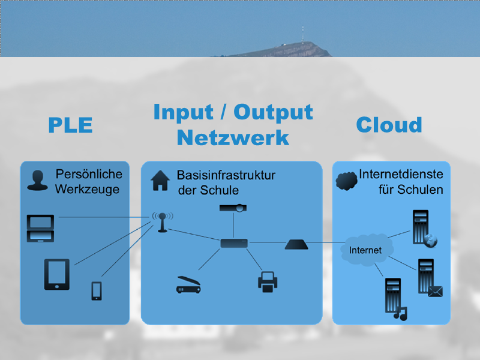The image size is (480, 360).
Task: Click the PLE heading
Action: point(70,125)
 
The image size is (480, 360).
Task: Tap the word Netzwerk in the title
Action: point(233,137)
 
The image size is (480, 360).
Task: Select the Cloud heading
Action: point(389,125)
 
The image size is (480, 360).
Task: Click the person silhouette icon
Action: point(37,181)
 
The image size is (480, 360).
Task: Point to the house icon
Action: point(160,181)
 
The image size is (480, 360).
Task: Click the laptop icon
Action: point(40,228)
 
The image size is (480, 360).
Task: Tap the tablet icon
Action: point(56,274)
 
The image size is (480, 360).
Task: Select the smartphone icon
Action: point(97,290)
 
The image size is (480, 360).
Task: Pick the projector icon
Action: point(233,208)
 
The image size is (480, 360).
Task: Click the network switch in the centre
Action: point(233,243)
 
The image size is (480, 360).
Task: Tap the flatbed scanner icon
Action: point(190,284)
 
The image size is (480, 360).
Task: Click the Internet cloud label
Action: point(365,250)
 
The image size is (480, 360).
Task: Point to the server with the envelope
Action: point(429,277)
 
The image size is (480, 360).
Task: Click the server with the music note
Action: point(395,298)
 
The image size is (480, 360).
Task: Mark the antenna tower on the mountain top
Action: point(302,35)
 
